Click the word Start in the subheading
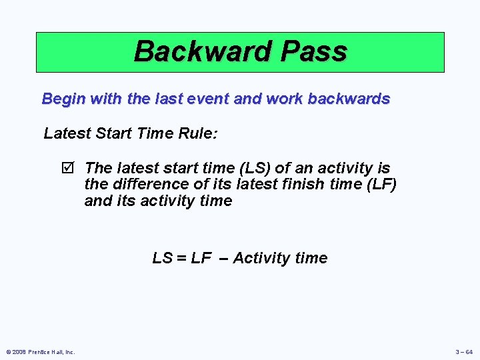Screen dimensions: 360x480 coord(110,133)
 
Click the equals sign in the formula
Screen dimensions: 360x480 coord(181,259)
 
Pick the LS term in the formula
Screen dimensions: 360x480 coord(162,259)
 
